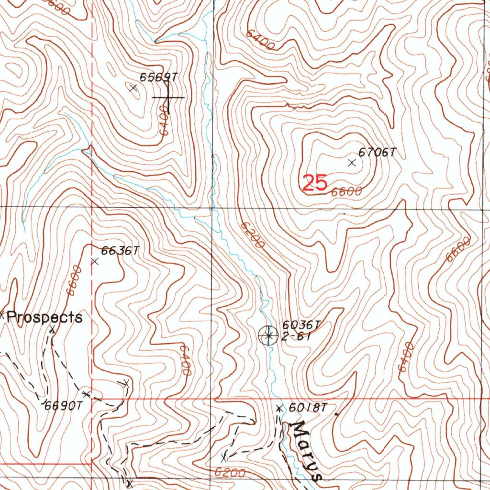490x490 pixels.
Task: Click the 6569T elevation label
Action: (159, 77)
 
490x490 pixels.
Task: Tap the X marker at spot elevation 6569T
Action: (134, 88)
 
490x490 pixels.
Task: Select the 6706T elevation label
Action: (378, 152)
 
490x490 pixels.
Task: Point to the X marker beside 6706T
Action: (352, 163)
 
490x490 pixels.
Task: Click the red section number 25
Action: (315, 183)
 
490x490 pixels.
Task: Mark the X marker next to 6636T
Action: (94, 261)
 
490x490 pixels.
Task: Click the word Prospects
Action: (45, 317)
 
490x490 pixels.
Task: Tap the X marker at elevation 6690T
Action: (86, 394)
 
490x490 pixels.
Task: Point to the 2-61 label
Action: (296, 337)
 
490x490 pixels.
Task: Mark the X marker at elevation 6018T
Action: (279, 408)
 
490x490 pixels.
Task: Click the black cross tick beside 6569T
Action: (167, 98)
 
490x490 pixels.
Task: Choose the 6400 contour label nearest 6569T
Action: (164, 121)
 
